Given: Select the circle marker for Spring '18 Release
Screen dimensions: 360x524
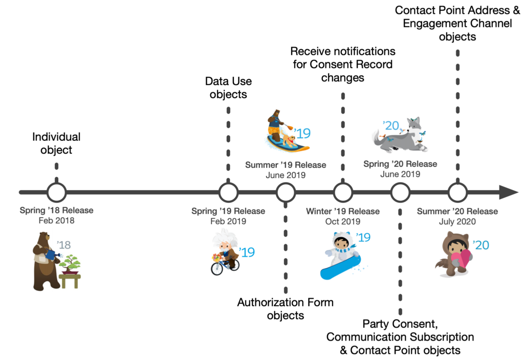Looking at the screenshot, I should pyautogui.click(x=56, y=193).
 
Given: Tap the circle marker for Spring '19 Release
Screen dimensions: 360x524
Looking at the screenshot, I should pyautogui.click(x=228, y=193).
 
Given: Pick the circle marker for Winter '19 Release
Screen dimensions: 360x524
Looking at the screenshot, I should pyautogui.click(x=343, y=193).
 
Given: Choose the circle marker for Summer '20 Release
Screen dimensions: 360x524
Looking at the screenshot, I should pyautogui.click(x=457, y=193).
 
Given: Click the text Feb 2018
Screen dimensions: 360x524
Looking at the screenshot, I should pyautogui.click(x=56, y=221).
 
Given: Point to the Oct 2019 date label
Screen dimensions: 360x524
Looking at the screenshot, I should pyautogui.click(x=343, y=222).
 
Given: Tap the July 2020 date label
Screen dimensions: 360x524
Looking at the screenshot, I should pyautogui.click(x=457, y=222).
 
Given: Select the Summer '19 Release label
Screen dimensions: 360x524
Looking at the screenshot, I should pyautogui.click(x=286, y=165).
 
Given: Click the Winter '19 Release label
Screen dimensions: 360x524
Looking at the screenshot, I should pyautogui.click(x=343, y=211).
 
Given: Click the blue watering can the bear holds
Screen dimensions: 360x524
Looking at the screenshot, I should pyautogui.click(x=51, y=253).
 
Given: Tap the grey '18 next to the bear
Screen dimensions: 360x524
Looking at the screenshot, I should pyautogui.click(x=63, y=245).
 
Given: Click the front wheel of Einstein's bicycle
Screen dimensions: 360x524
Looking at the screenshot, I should pyautogui.click(x=217, y=268).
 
